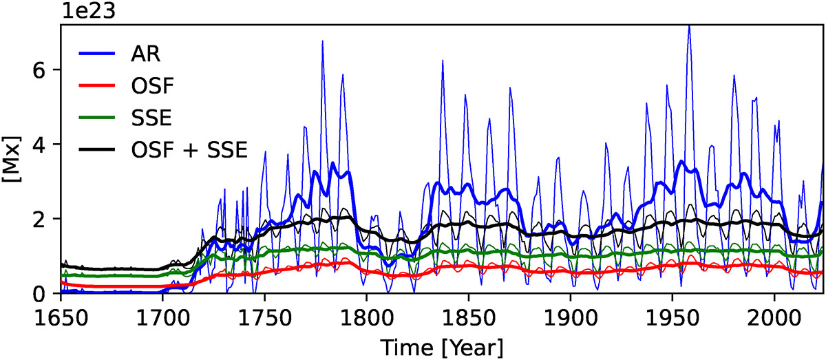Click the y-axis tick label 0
[45, 294]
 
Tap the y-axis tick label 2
[45, 219]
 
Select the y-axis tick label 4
[45, 145]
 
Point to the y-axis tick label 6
[45, 70]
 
